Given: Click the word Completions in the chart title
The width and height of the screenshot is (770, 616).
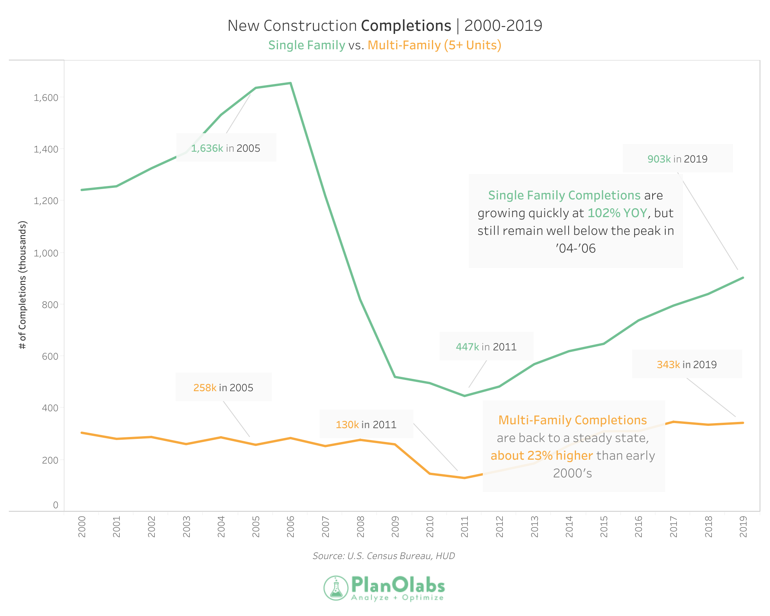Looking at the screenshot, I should coord(406,26).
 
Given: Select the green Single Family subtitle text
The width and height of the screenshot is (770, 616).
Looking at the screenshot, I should coord(306,45).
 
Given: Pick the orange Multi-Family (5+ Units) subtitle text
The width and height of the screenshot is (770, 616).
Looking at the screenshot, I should coord(434,45).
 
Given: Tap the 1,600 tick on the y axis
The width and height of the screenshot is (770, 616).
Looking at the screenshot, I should coord(46,98).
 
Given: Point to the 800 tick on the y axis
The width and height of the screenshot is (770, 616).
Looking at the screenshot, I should coord(50,305).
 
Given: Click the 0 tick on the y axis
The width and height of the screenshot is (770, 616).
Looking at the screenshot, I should coord(55,505).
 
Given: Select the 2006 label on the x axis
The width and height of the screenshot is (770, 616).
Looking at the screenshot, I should coord(291,527).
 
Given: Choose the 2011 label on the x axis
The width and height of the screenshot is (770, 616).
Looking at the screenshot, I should coord(465,527).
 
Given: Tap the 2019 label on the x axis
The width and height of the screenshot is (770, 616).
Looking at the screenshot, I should coord(743,527).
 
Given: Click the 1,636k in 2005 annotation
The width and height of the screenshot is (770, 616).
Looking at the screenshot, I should coord(226,148).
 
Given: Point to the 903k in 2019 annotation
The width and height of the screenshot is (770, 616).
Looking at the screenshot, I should coord(677,159).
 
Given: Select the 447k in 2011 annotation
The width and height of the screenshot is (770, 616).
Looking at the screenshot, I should coord(486,347).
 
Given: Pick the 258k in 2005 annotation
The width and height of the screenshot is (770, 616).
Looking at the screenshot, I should coord(223,387).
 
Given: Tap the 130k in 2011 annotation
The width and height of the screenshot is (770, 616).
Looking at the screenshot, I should coord(366,424).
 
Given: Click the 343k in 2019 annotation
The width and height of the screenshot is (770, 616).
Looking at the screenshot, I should coord(686,364).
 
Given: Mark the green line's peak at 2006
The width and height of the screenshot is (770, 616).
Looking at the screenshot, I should coord(291,83).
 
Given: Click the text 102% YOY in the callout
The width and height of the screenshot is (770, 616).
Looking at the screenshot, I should coord(617,213).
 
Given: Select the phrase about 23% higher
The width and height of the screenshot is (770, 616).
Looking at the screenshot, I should coord(541,456).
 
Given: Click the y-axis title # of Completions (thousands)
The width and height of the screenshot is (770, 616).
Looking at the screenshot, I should coord(23,285).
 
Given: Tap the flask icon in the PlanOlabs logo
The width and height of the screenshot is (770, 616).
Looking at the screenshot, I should coord(336,588).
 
